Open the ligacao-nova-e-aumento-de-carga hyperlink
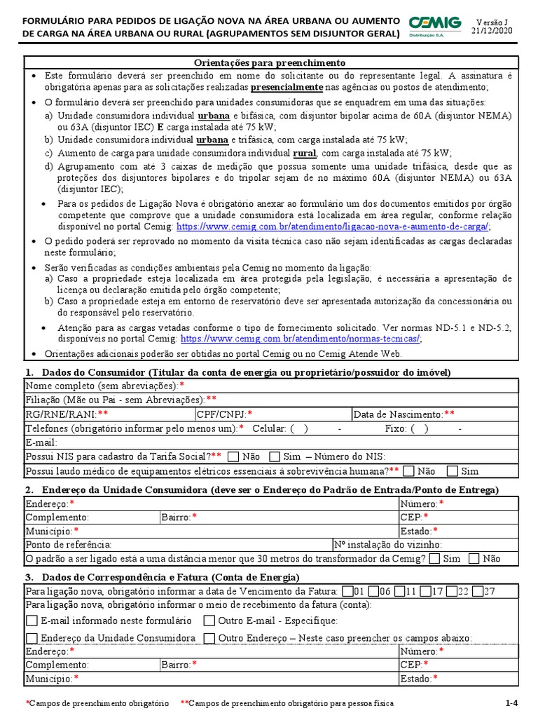(333, 226)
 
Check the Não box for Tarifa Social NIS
(234, 456)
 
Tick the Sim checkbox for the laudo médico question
(453, 471)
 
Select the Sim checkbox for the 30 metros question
(434, 559)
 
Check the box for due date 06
(374, 591)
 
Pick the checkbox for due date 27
(478, 591)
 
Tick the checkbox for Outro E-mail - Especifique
(209, 621)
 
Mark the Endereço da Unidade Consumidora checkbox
(32, 638)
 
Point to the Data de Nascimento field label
(403, 414)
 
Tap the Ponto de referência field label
(69, 544)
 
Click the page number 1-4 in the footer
(511, 703)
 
